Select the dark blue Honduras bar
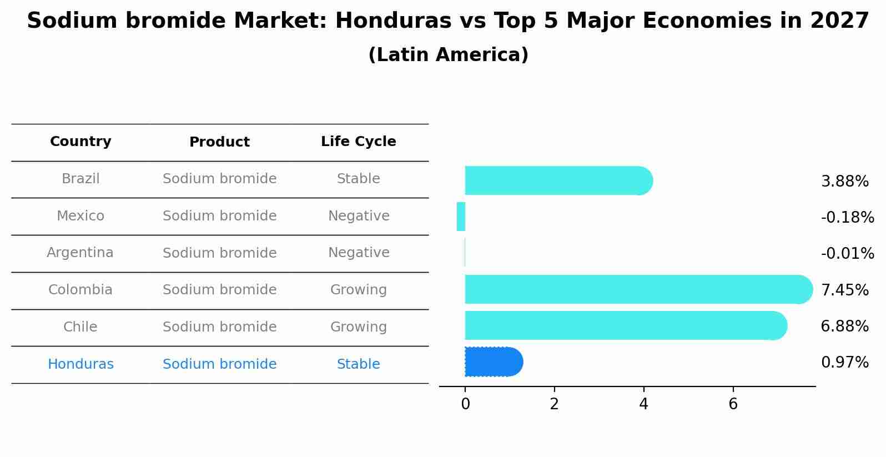pos(494,362)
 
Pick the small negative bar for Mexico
pos(461,217)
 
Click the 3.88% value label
pos(844,182)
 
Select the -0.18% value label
pos(847,218)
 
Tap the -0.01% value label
pos(847,254)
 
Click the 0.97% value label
pos(844,363)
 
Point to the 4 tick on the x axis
pos(643,404)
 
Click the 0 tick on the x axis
pos(465,404)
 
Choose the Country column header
pos(80,142)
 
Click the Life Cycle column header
pos(358,142)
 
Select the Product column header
pos(219,142)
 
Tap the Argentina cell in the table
pos(80,253)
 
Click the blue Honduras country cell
pos(80,364)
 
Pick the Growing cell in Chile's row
pos(358,327)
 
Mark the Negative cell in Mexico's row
pos(358,216)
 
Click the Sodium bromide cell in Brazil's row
pos(219,179)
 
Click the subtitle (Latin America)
pos(448,55)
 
